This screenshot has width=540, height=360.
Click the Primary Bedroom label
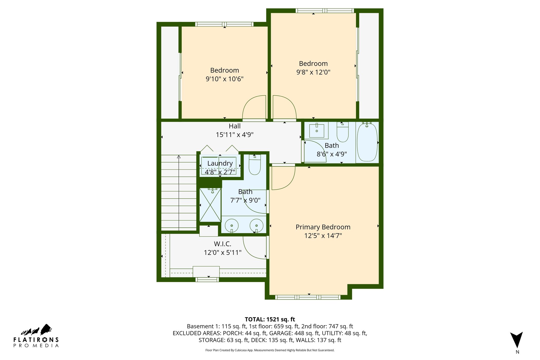pyautogui.click(x=323, y=227)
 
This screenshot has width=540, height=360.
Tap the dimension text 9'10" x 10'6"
pyautogui.click(x=224, y=79)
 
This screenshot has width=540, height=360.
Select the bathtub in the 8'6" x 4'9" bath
pyautogui.click(x=367, y=142)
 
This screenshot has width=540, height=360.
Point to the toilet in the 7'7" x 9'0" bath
pyautogui.click(x=255, y=166)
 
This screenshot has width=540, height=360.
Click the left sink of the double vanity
pyautogui.click(x=232, y=225)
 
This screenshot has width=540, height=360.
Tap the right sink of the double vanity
pyautogui.click(x=256, y=225)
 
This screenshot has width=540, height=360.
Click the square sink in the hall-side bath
pyautogui.click(x=317, y=131)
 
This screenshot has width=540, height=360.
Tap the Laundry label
pyautogui.click(x=220, y=163)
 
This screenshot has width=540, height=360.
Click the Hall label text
pyautogui.click(x=234, y=126)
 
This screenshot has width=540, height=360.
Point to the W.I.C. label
pyautogui.click(x=223, y=244)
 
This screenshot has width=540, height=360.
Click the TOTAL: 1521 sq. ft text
pyautogui.click(x=270, y=319)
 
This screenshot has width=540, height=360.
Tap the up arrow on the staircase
pyautogui.click(x=179, y=157)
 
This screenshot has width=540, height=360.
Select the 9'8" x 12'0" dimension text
pyautogui.click(x=313, y=72)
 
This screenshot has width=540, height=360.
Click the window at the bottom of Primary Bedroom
pyautogui.click(x=308, y=297)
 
